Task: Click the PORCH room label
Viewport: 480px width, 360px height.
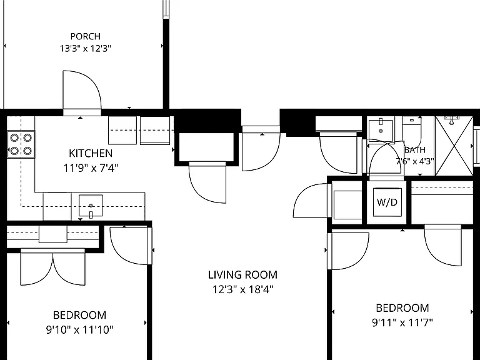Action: point(86,36)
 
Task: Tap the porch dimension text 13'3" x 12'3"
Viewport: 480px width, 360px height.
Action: point(86,48)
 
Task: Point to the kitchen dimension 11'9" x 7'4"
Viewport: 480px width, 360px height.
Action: point(91,167)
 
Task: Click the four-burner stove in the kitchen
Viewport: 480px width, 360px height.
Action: point(21,144)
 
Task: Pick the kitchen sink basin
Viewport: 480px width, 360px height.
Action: point(91,206)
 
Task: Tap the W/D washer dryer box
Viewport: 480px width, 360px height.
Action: point(387,202)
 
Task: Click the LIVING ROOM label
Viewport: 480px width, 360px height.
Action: point(242,274)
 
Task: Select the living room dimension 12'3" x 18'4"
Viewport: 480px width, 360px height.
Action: point(242,289)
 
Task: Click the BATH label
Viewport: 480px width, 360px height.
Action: point(415,150)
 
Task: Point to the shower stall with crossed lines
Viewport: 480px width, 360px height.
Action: point(454,146)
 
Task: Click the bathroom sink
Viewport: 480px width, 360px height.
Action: point(381,131)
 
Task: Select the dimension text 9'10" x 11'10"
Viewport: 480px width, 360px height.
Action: point(79,330)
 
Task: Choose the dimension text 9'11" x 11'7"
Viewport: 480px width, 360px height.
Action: point(402,322)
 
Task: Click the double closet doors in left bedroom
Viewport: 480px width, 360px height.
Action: point(52,267)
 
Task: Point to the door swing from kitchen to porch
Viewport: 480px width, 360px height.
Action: point(82,90)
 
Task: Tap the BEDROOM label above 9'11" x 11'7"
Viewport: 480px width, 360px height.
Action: point(402,307)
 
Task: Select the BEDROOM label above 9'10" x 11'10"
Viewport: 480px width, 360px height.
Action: point(79,315)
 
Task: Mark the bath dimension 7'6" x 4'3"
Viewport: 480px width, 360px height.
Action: point(415,161)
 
